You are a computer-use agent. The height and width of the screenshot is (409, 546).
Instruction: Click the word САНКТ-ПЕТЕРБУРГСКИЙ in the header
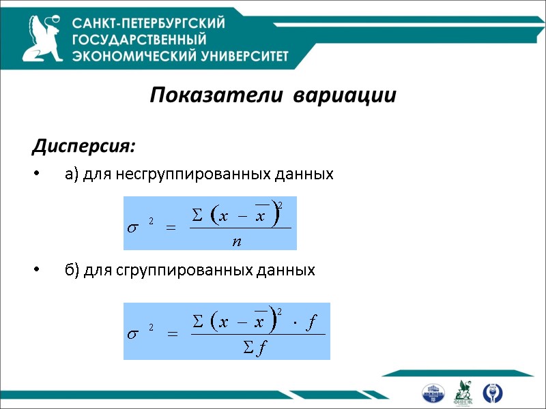click(149, 24)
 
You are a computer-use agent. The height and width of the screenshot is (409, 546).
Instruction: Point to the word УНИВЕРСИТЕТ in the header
click(233, 56)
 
